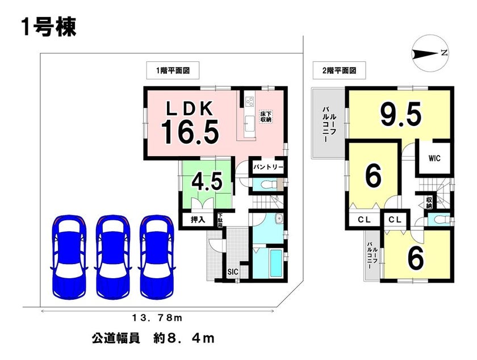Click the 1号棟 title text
49,27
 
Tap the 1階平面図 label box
173,70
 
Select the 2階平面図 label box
339,70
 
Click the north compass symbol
429,53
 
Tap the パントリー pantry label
269,167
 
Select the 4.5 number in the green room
207,182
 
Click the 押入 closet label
198,219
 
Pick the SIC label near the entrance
233,272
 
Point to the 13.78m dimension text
157,319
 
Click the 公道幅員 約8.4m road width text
153,338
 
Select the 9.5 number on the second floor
401,114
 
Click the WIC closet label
434,158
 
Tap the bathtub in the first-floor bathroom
276,263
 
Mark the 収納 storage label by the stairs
429,203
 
